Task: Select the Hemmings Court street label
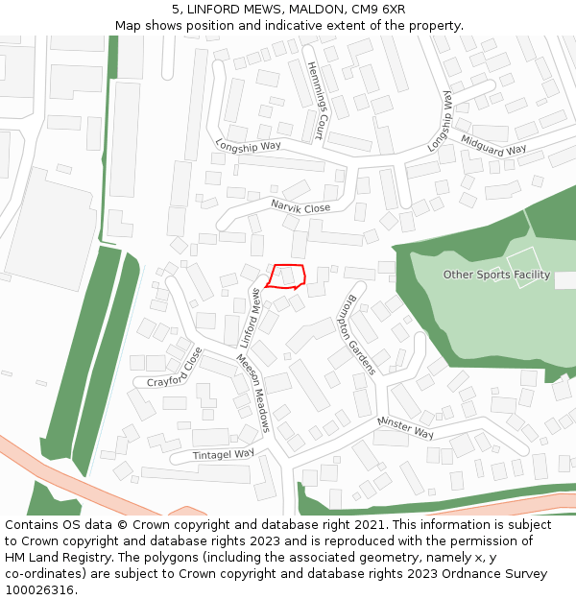click(315, 100)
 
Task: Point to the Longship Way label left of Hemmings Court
click(248, 146)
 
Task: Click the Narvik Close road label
click(300, 207)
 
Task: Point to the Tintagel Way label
click(224, 454)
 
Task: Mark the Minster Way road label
click(405, 426)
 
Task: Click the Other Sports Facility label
click(496, 275)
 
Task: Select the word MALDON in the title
click(305, 9)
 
